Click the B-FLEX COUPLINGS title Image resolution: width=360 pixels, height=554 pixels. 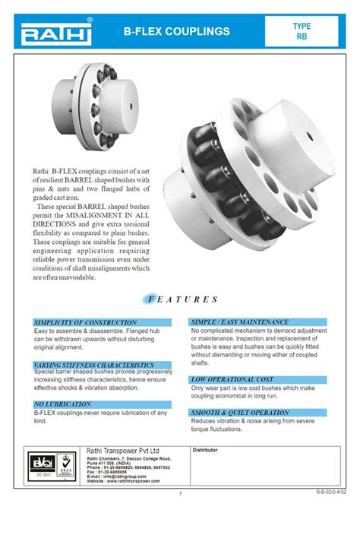pos(176,32)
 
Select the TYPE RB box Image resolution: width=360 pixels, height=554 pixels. pos(302,31)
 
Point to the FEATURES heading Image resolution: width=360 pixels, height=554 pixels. pos(181,300)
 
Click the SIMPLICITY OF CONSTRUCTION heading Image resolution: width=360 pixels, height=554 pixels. pos(86,323)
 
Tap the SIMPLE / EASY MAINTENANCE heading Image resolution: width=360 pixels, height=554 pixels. pos(240,322)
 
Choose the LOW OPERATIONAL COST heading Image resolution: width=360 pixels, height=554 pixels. pos(232,379)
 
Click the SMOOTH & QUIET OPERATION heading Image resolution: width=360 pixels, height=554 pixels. pos(240,413)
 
